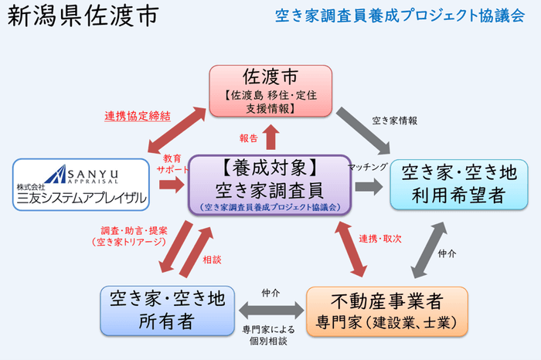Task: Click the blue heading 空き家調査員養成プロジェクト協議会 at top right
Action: pos(400,16)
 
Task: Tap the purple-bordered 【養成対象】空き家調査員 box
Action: pos(270,185)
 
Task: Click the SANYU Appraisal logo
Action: pos(80,185)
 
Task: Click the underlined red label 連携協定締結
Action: pos(138,117)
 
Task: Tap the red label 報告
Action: pos(247,138)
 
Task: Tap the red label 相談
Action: pos(212,260)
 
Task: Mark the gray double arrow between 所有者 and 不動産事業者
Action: pos(270,310)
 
